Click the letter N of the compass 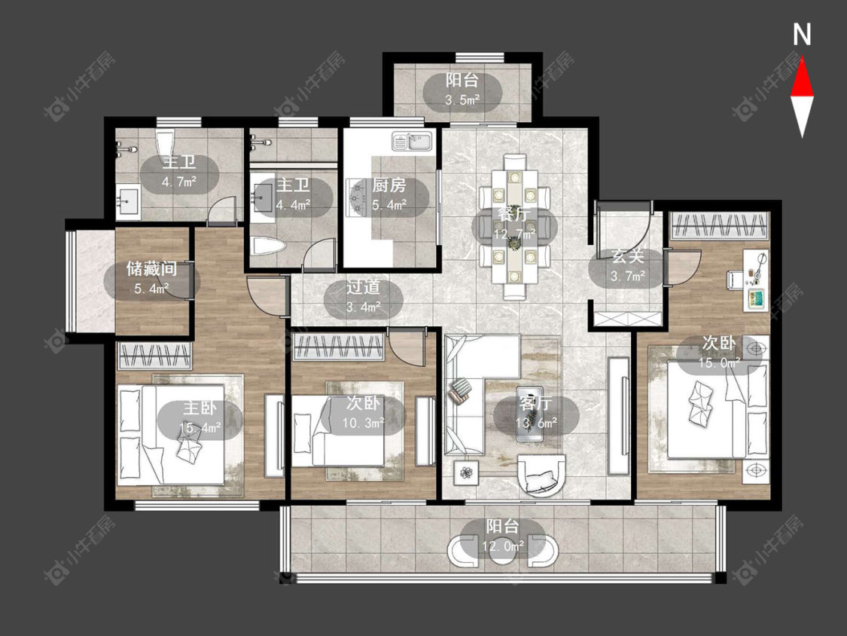(x=802, y=35)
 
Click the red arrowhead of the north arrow (x=802, y=78)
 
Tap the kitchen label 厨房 (x=389, y=185)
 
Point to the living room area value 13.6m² (x=536, y=423)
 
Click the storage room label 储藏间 (x=152, y=268)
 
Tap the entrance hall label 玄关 (x=628, y=256)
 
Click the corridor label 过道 (x=363, y=287)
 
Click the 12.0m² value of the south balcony (x=503, y=546)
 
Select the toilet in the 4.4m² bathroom (x=269, y=248)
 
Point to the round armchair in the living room (x=542, y=475)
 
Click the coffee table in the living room (x=529, y=414)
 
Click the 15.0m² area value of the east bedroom (x=718, y=363)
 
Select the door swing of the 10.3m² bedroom (x=405, y=346)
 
